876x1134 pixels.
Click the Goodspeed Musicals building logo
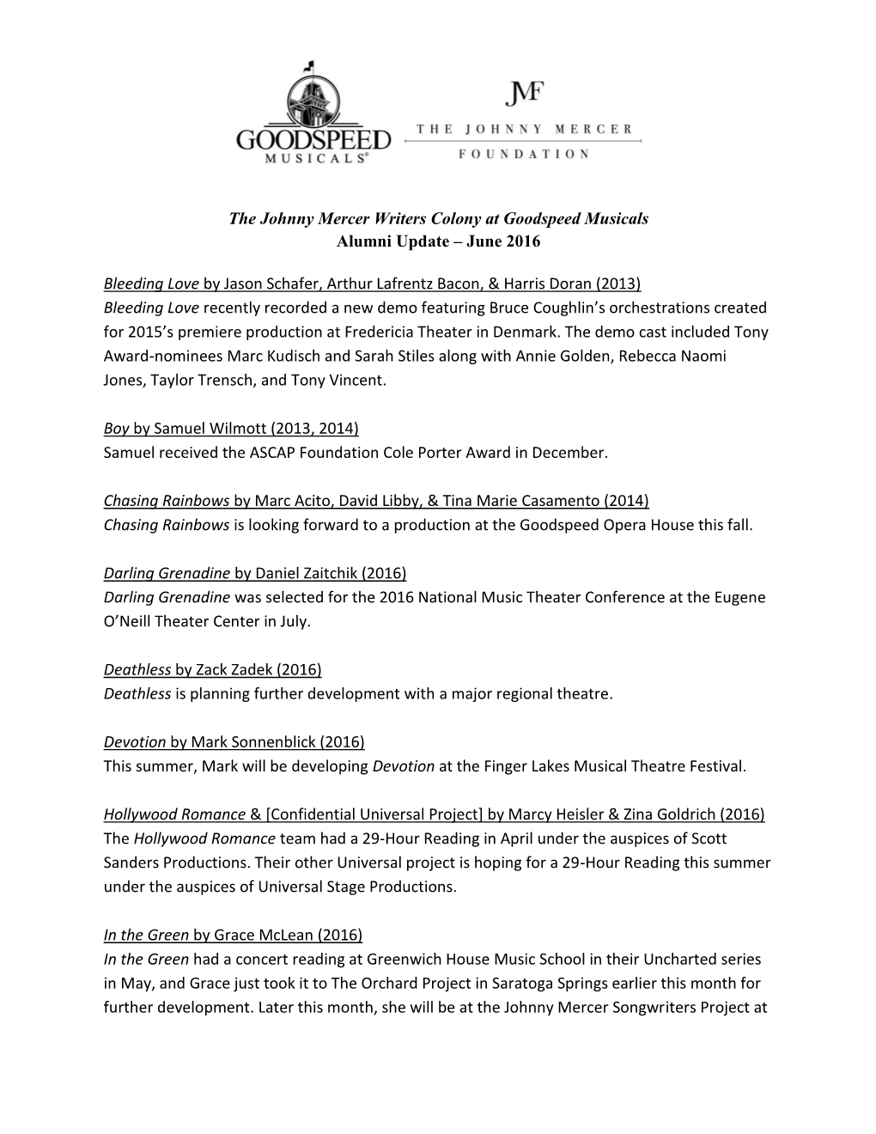tap(313, 112)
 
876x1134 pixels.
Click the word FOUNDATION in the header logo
tap(524, 154)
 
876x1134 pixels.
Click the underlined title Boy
tap(116, 428)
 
